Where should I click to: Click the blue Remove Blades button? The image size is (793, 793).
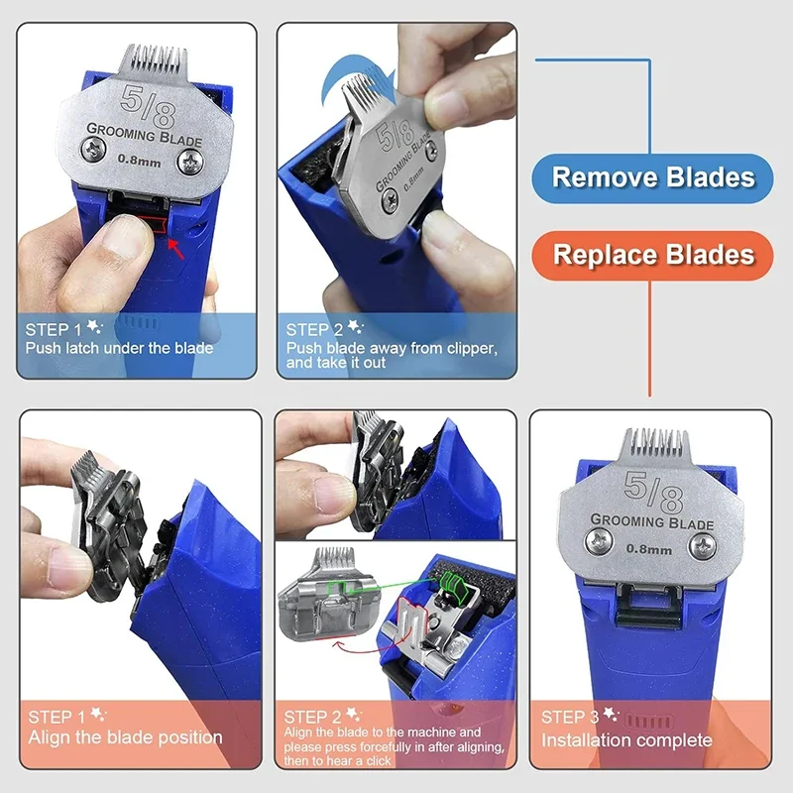(653, 178)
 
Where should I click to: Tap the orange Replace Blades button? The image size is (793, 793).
(653, 255)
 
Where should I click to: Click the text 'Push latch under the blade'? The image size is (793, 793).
(120, 348)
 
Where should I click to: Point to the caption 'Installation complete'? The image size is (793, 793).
(626, 739)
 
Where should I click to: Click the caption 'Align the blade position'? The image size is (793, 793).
(125, 736)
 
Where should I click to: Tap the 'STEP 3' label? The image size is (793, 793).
(570, 716)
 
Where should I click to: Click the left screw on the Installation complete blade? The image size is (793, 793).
(598, 541)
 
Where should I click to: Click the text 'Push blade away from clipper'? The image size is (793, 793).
(392, 348)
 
